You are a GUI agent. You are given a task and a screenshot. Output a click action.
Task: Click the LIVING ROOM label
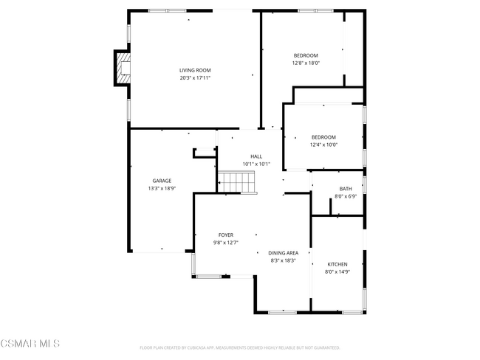[195, 70]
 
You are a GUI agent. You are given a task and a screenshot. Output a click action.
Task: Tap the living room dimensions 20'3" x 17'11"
[195, 77]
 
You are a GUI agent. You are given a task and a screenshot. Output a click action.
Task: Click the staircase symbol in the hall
[236, 181]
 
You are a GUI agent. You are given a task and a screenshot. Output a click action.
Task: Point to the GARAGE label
[162, 181]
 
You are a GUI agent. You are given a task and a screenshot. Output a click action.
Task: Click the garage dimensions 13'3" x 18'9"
[162, 188]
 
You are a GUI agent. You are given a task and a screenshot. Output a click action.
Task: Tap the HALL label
[256, 156]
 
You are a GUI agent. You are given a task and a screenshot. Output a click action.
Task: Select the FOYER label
[225, 235]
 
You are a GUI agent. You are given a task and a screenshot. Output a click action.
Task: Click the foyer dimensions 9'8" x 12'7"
[225, 242]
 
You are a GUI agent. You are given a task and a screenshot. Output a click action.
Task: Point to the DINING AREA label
[284, 253]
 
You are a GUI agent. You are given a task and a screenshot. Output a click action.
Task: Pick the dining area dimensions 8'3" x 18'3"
[284, 260]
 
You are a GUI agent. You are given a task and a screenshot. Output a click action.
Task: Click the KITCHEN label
[337, 264]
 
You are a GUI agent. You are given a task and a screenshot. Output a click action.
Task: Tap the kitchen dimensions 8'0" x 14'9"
[337, 271]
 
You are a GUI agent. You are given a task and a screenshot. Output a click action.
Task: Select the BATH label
[346, 189]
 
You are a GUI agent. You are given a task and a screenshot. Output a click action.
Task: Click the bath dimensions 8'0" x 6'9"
[346, 196]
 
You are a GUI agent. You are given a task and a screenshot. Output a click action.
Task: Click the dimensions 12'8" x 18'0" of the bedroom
[306, 63]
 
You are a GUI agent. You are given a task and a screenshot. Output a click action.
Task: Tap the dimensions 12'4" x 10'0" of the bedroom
[323, 145]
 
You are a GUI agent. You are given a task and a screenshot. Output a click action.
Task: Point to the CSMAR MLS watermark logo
[30, 344]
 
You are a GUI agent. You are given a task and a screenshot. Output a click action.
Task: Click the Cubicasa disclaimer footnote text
[239, 347]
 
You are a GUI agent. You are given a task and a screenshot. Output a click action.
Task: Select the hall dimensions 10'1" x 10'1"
[256, 164]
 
